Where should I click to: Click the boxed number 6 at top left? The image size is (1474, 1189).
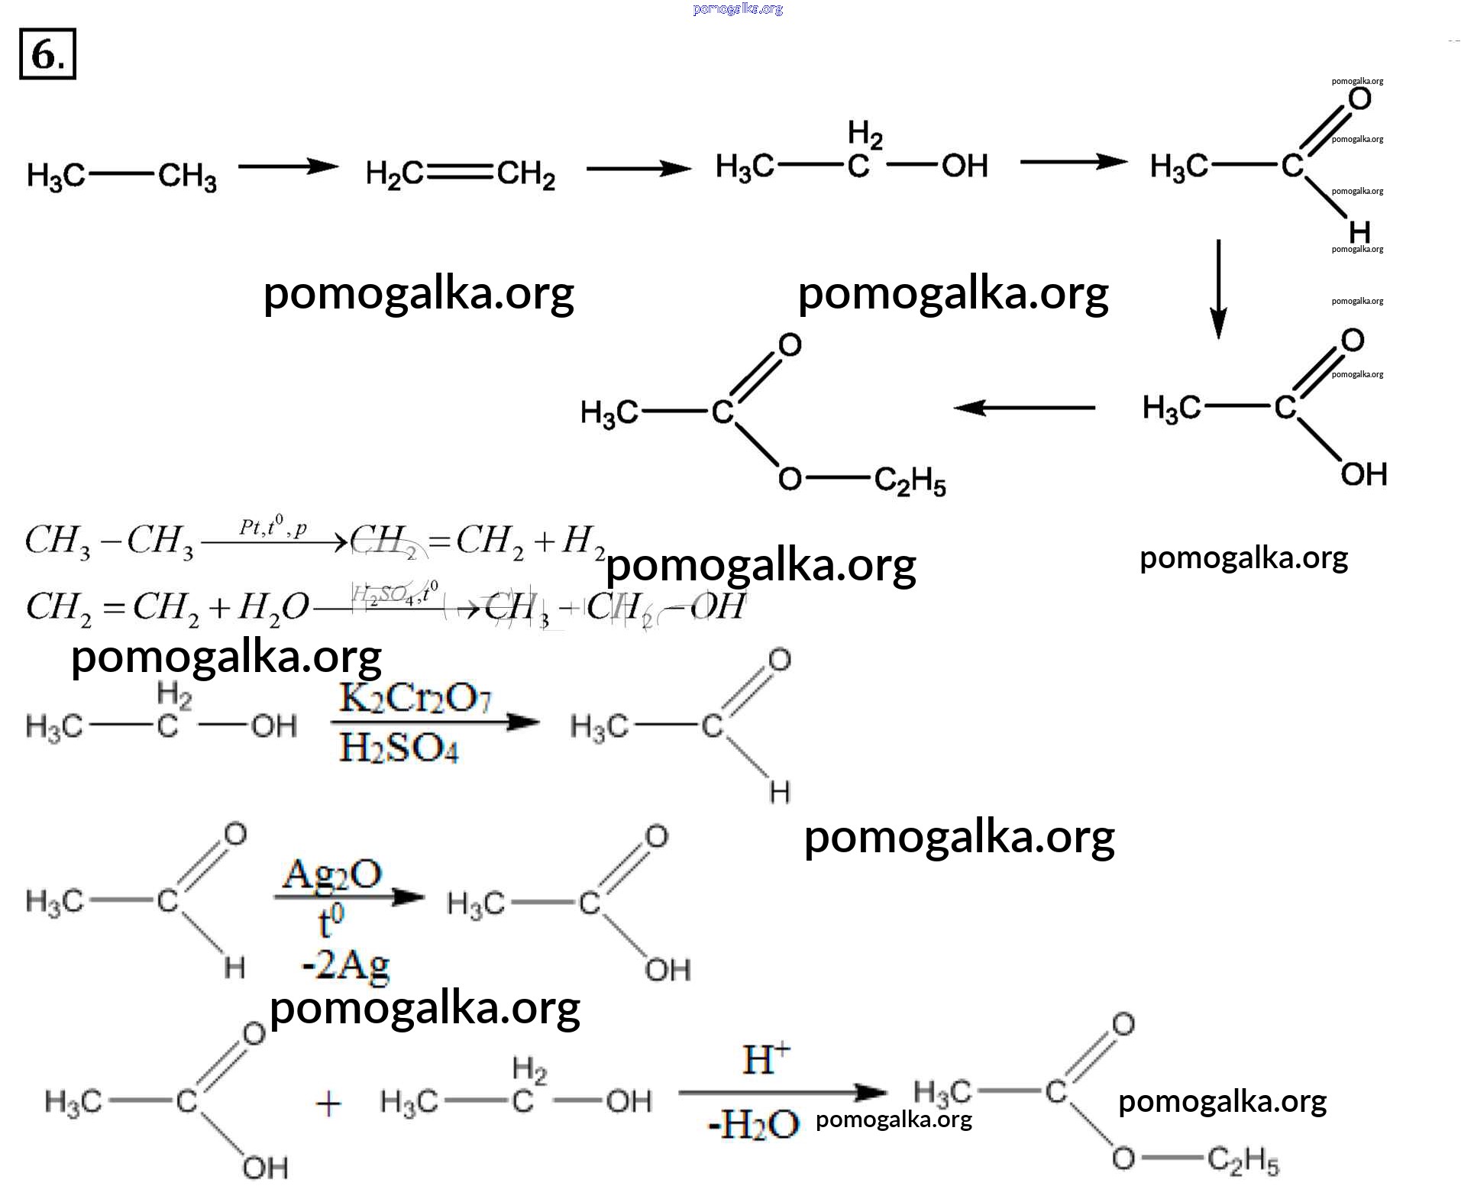pyautogui.click(x=47, y=54)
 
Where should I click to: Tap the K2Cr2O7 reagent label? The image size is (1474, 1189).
pyautogui.click(x=415, y=698)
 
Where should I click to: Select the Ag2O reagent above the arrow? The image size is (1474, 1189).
pyautogui.click(x=332, y=874)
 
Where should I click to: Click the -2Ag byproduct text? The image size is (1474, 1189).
pyautogui.click(x=345, y=965)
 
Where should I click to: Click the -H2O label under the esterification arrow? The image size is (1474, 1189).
pyautogui.click(x=753, y=1124)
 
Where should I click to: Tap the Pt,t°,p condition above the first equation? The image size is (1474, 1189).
pyautogui.click(x=273, y=527)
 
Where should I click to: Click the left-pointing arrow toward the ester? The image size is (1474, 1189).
pyautogui.click(x=1024, y=408)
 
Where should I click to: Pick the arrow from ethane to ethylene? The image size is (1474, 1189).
pyautogui.click(x=288, y=166)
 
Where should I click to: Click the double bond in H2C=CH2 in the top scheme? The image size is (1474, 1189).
pyautogui.click(x=460, y=173)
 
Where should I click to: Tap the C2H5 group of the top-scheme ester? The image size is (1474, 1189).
pyautogui.click(x=910, y=481)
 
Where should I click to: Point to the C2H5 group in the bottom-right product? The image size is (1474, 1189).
pyautogui.click(x=1243, y=1161)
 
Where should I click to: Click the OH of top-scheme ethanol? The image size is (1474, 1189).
pyautogui.click(x=964, y=166)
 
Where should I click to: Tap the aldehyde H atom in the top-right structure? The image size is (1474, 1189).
pyautogui.click(x=1359, y=231)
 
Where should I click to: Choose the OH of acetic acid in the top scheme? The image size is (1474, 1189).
pyautogui.click(x=1363, y=474)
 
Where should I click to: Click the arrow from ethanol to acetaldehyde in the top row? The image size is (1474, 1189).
pyautogui.click(x=1073, y=162)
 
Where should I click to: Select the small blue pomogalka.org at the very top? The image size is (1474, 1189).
pyautogui.click(x=738, y=9)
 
